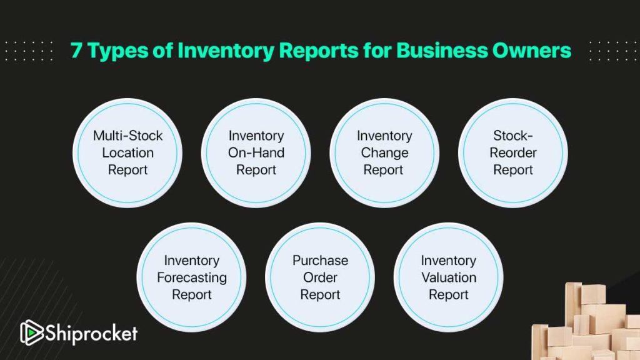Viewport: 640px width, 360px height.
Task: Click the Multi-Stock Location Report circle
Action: coord(127,153)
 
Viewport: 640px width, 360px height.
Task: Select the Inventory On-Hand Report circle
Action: coord(256,153)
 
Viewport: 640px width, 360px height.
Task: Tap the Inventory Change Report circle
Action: coord(384,153)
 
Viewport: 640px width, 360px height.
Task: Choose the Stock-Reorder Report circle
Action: coord(513,153)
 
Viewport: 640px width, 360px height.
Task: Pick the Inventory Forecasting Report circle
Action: coord(191,277)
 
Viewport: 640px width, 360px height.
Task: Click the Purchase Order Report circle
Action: coord(320,277)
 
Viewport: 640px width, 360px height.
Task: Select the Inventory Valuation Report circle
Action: coord(449,277)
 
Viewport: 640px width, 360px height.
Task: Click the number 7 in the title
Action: coord(76,51)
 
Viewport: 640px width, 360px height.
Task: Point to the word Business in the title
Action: coord(442,50)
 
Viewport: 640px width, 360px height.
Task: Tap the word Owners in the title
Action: coord(532,50)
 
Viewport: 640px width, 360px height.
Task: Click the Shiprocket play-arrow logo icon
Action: coord(31,332)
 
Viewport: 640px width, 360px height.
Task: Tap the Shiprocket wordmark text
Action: coord(91,333)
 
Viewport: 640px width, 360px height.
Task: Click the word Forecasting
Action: coord(192,278)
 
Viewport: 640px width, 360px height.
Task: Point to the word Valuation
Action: coord(449,277)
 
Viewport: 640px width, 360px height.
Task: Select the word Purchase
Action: coord(321,261)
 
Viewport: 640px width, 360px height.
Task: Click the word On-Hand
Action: coord(256,152)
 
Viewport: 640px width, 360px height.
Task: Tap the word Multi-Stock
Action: coord(127,136)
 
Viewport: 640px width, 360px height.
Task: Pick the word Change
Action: coord(384,153)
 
